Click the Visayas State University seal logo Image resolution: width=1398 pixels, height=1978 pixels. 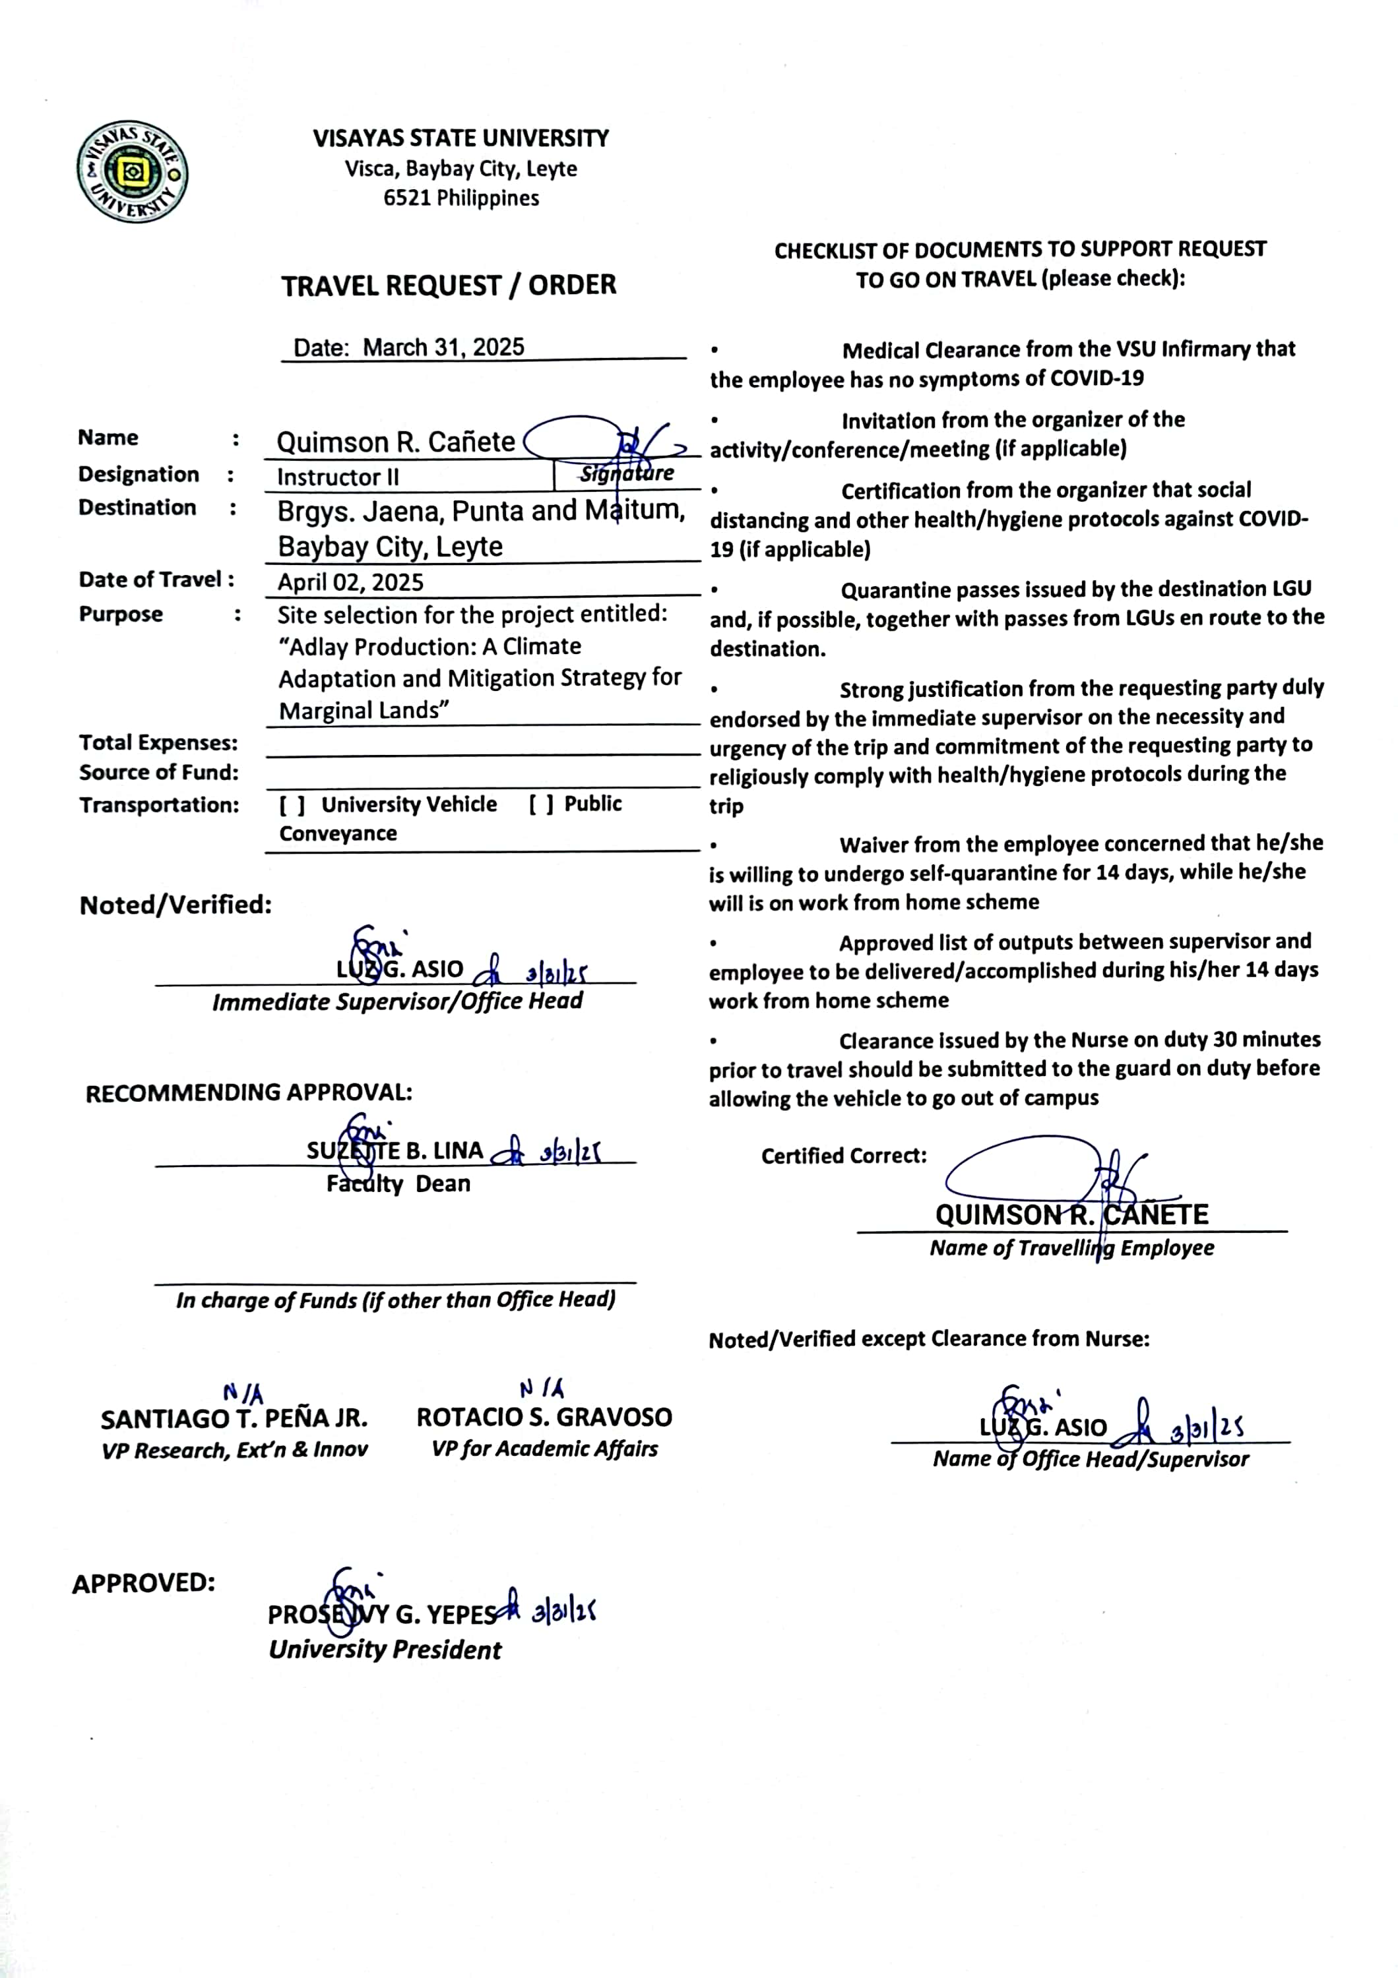click(132, 171)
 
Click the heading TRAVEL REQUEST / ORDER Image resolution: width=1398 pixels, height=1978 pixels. click(448, 285)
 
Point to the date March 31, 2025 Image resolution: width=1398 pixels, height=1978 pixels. click(443, 347)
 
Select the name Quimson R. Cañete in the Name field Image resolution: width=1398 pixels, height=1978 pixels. click(396, 442)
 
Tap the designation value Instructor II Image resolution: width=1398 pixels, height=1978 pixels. click(338, 477)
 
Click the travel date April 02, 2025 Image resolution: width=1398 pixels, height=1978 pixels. click(350, 582)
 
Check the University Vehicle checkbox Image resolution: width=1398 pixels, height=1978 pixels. click(292, 804)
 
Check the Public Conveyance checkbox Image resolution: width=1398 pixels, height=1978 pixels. click(541, 804)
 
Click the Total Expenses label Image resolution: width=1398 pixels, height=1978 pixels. click(158, 742)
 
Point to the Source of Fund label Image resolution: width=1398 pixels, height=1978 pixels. click(158, 773)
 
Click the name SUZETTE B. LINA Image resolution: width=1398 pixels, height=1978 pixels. click(395, 1151)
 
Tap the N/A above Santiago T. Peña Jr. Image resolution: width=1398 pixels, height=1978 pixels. click(242, 1393)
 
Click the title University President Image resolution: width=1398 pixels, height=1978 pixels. click(385, 1650)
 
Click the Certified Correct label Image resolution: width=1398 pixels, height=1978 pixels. click(843, 1156)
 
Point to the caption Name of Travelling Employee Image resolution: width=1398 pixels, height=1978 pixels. click(1071, 1248)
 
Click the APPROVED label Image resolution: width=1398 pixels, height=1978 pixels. click(143, 1584)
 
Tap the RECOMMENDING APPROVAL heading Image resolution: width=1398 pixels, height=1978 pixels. click(248, 1093)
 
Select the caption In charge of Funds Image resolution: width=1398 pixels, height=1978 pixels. click(396, 1300)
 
